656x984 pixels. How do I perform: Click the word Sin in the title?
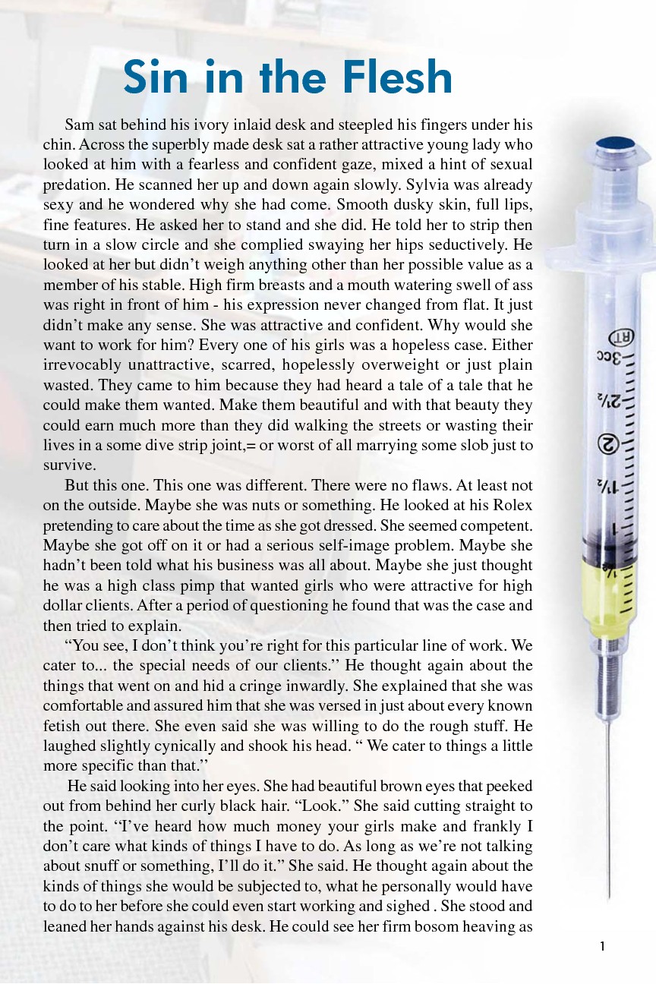tap(156, 77)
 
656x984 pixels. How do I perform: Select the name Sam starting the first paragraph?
tap(79, 125)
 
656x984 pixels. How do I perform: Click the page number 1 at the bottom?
tap(602, 946)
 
